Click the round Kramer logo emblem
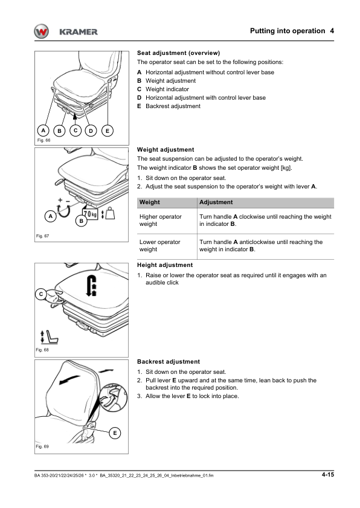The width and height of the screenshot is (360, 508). click(41, 32)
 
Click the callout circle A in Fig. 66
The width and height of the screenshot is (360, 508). click(43, 130)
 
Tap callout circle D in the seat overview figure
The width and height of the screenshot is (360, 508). click(91, 131)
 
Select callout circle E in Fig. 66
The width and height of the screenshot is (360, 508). click(108, 131)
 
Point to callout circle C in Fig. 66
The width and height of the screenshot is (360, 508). click(76, 130)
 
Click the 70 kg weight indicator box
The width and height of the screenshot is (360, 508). click(90, 214)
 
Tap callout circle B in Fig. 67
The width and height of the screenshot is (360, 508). click(81, 221)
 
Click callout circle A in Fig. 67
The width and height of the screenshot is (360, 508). click(50, 216)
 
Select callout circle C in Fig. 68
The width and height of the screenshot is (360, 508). click(41, 294)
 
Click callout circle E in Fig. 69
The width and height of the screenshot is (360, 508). click(115, 433)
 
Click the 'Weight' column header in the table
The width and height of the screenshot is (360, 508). click(149, 202)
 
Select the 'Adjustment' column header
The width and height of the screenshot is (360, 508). click(216, 202)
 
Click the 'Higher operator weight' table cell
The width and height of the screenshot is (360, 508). click(161, 220)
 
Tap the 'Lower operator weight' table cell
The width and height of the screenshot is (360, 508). click(159, 246)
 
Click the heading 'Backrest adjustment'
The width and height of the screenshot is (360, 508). click(169, 362)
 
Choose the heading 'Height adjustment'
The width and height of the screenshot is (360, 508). click(165, 265)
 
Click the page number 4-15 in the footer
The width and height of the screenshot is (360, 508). click(327, 475)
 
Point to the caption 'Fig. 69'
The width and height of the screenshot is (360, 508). click(42, 446)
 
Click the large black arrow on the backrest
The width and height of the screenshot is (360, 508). click(69, 380)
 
